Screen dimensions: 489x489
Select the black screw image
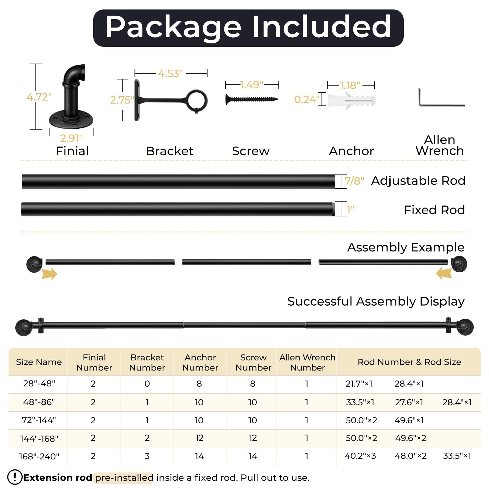[252, 99]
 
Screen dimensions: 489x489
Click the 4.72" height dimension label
[39, 97]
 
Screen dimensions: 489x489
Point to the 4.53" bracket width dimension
[171, 73]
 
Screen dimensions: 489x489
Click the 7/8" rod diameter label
[354, 181]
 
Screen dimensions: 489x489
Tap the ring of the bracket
[197, 101]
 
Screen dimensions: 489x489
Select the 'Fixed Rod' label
[434, 210]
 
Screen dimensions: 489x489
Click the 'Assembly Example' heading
[406, 247]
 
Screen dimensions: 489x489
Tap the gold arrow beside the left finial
[50, 274]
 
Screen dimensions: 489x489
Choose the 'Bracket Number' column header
[147, 362]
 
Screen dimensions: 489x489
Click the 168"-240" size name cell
[39, 456]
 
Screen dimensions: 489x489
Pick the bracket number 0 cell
[147, 384]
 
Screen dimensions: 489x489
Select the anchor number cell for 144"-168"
[199, 438]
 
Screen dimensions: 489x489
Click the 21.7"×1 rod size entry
[359, 384]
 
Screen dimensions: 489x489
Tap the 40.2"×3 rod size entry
[360, 456]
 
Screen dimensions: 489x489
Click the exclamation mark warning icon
[15, 477]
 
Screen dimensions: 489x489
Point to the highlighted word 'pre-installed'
[124, 477]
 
